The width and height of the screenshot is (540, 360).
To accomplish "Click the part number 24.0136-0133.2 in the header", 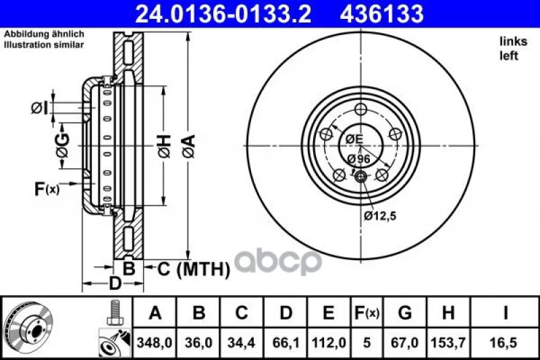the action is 223,14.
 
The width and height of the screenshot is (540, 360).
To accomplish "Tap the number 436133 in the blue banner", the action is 381,14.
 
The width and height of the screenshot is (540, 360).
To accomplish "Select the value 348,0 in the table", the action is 155,342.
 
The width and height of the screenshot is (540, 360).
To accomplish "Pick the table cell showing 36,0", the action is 198,342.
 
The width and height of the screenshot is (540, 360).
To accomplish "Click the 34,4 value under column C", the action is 242,342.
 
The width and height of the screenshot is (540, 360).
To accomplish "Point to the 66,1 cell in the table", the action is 286,342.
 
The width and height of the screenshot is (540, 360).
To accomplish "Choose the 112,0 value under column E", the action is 329,342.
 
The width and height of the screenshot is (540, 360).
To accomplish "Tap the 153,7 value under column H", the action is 448,342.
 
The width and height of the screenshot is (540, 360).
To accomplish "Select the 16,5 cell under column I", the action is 505,342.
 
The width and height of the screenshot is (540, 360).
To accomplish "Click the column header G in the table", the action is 405,313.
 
